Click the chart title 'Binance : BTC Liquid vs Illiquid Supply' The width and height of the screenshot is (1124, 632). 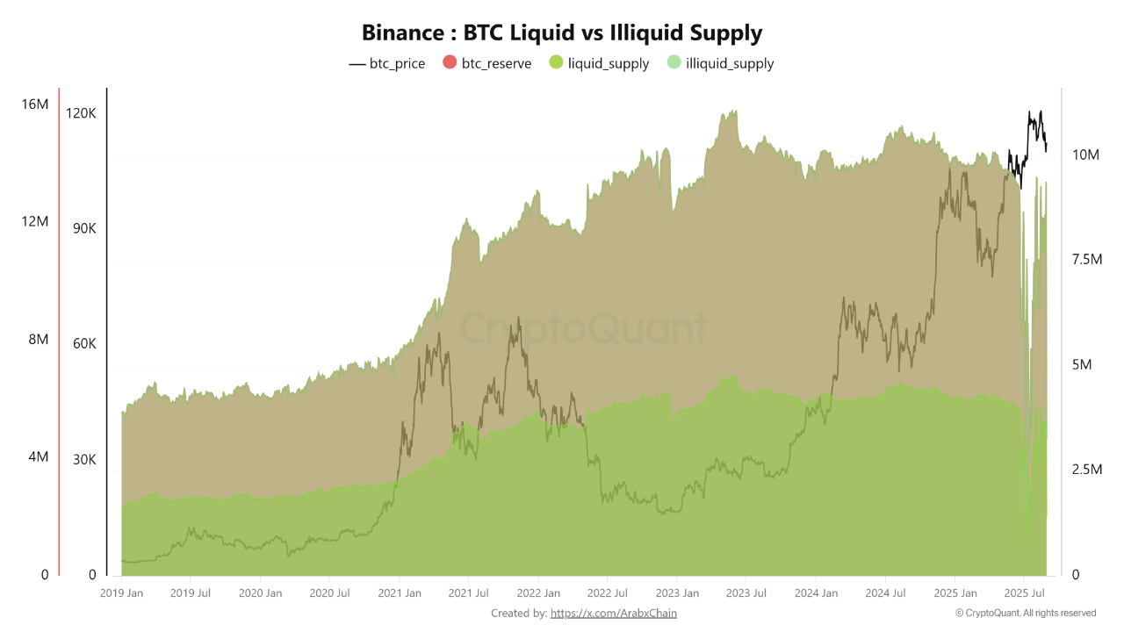[x=562, y=33]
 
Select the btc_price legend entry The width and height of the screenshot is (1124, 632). [x=387, y=63]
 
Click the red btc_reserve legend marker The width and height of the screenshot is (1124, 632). [x=450, y=63]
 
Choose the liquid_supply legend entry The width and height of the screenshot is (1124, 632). [x=599, y=63]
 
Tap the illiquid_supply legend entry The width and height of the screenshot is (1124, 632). [x=721, y=63]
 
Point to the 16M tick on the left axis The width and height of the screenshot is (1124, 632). [x=34, y=104]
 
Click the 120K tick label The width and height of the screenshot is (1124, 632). [x=81, y=114]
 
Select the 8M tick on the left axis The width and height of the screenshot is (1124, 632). [x=38, y=340]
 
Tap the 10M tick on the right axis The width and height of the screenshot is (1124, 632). [x=1086, y=154]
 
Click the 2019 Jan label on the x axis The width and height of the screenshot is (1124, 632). [x=122, y=593]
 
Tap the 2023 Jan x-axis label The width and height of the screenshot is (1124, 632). [x=677, y=593]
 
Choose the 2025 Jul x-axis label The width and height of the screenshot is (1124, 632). [x=1023, y=593]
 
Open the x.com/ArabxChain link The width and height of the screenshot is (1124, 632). [x=614, y=614]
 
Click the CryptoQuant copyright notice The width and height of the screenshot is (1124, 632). [x=1026, y=614]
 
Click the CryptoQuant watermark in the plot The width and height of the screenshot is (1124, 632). [x=584, y=329]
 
